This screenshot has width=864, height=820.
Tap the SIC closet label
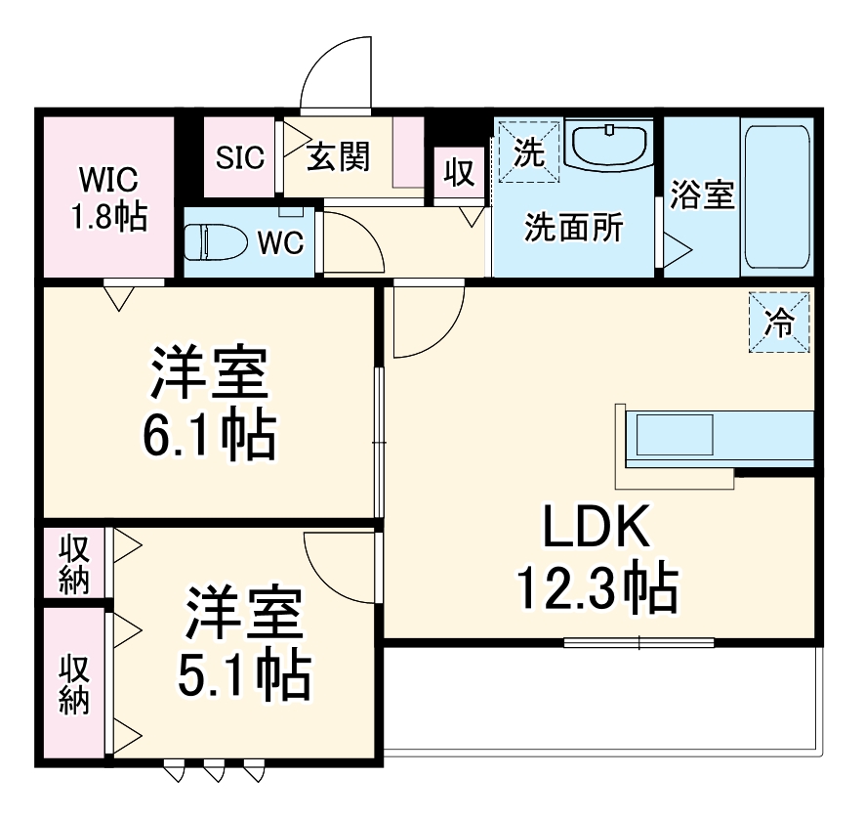[x=240, y=158]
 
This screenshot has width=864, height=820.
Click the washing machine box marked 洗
[x=528, y=151]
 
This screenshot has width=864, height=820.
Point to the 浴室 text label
[x=702, y=194]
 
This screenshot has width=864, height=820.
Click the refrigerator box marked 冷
[x=779, y=323]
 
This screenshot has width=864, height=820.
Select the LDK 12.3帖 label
[x=597, y=561]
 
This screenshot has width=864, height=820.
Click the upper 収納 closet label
[x=75, y=564]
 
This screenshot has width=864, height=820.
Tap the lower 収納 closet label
[x=75, y=684]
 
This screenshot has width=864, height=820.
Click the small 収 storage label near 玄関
[x=459, y=172]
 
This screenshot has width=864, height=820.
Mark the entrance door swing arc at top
[x=336, y=73]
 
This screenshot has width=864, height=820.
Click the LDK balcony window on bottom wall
[x=639, y=642]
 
